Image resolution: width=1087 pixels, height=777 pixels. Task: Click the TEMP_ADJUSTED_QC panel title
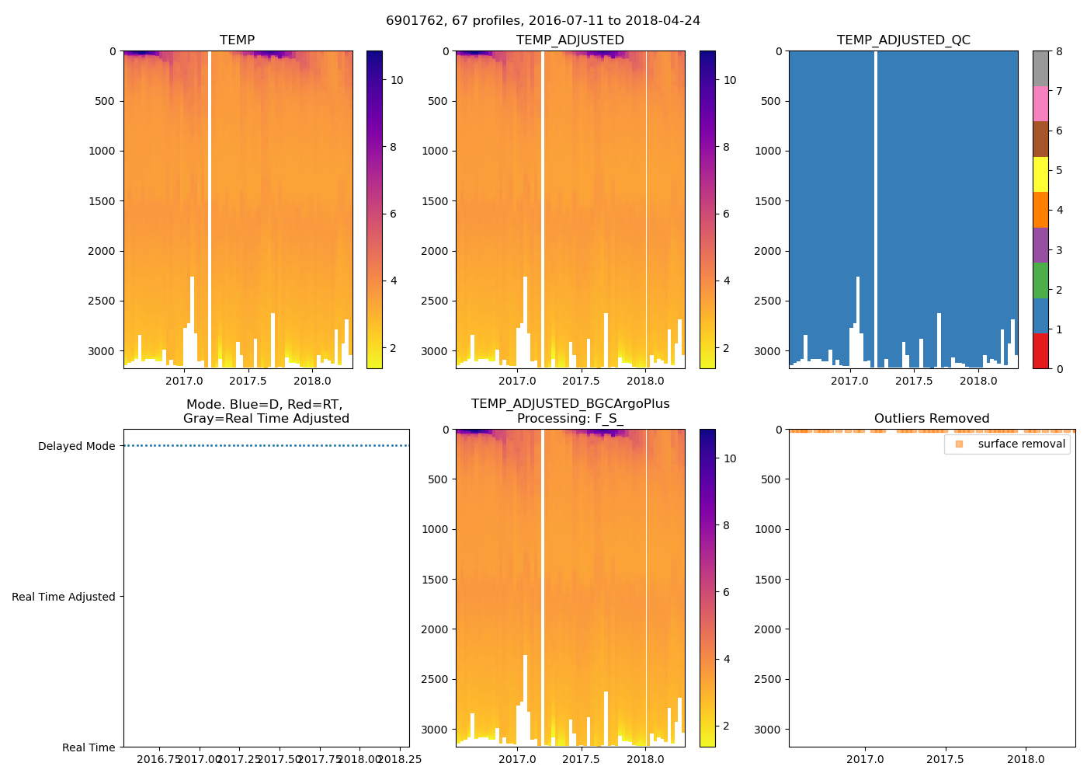point(903,40)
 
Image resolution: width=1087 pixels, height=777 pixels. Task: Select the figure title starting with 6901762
point(543,21)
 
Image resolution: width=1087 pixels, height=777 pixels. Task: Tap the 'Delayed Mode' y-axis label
point(76,446)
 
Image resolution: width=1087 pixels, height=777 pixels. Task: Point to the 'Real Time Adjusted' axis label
point(63,597)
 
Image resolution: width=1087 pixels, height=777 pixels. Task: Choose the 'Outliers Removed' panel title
point(931,419)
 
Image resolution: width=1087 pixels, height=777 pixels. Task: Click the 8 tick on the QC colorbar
point(1059,51)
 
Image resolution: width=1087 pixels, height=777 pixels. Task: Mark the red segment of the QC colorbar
point(1040,350)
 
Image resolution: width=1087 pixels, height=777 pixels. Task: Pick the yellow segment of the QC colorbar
point(1040,174)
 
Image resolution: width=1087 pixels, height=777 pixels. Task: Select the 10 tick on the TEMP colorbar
point(397,80)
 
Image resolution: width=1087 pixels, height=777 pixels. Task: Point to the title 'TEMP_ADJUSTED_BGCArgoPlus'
point(570,404)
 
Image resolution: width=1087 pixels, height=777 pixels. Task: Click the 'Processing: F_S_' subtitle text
point(570,419)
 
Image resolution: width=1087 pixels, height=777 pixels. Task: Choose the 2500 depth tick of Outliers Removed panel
point(769,679)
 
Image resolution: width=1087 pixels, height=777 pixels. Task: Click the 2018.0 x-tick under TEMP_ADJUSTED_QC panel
point(978,381)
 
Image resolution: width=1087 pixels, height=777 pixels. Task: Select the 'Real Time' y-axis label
point(89,747)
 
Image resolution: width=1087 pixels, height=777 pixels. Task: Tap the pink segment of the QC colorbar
point(1040,103)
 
